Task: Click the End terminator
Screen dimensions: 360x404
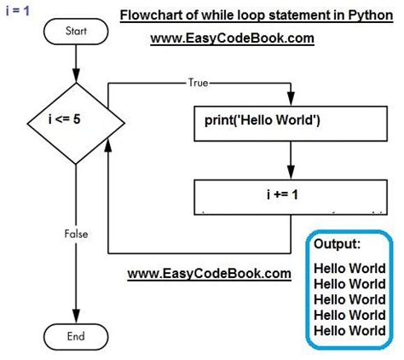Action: pos(77,336)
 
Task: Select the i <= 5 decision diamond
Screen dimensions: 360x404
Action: pos(77,120)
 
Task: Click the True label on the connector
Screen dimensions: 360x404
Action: pos(199,82)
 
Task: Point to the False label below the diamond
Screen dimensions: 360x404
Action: pos(77,232)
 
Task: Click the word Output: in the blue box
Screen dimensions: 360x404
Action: pos(338,245)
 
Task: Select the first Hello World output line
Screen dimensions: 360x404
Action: pos(349,268)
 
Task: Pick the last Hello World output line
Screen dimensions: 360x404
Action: pos(349,330)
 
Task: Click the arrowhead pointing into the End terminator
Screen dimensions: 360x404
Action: pos(77,318)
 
